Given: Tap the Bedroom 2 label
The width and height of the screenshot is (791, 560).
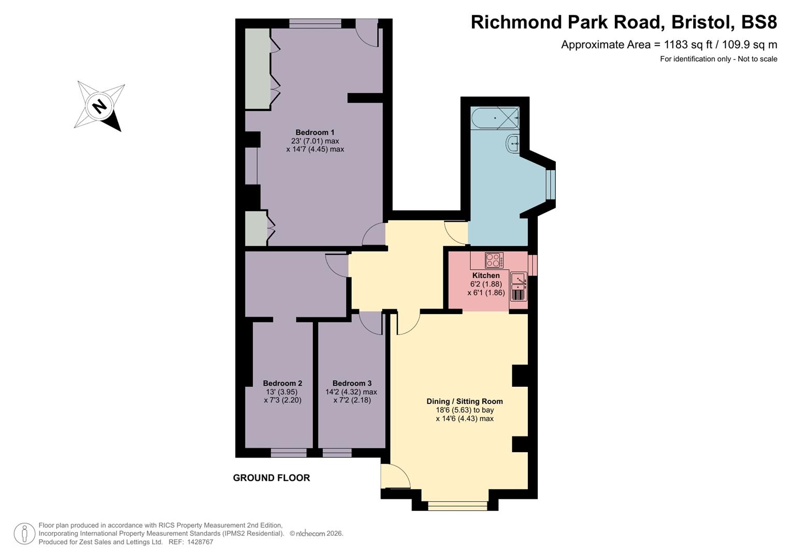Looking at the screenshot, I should pos(282,383).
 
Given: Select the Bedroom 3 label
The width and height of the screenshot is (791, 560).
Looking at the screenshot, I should pos(352,383).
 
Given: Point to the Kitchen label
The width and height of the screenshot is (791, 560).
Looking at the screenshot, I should pos(486,275).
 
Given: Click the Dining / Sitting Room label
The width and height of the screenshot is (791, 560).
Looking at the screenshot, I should pos(464,401).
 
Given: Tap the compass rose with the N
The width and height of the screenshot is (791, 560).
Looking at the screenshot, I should pos(99,106).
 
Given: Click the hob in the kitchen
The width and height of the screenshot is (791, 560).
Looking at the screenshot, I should pos(494,260).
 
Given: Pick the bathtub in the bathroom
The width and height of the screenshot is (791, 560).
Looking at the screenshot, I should pos(495,118).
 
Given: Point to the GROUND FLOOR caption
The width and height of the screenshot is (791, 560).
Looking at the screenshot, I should pos(271,478).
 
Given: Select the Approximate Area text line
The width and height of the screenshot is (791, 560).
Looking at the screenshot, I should pos(669,45).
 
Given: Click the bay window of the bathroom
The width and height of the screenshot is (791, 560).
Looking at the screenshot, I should pos(551,185).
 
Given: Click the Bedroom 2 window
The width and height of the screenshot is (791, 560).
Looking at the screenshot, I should pos(288,453).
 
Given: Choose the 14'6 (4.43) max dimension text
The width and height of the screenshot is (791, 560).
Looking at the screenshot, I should pos(464,418).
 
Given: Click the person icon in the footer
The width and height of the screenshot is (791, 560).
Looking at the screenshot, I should pos(24,534).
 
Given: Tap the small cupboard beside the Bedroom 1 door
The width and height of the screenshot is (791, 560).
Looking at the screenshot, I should pos(255,228).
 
